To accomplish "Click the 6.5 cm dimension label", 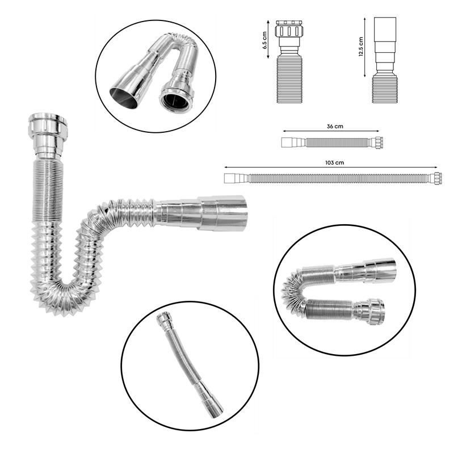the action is coord(264,40).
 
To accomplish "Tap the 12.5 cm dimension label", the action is coord(361,47).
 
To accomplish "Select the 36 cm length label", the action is coord(335,127).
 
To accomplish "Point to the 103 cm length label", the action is coord(334,163).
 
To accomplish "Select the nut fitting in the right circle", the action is coord(371,310).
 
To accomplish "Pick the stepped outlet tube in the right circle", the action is coord(365,271).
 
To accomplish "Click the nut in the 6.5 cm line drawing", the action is coord(289,28).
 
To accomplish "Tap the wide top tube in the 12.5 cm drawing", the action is coord(385,30).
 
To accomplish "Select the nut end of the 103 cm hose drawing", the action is coord(438,178).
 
